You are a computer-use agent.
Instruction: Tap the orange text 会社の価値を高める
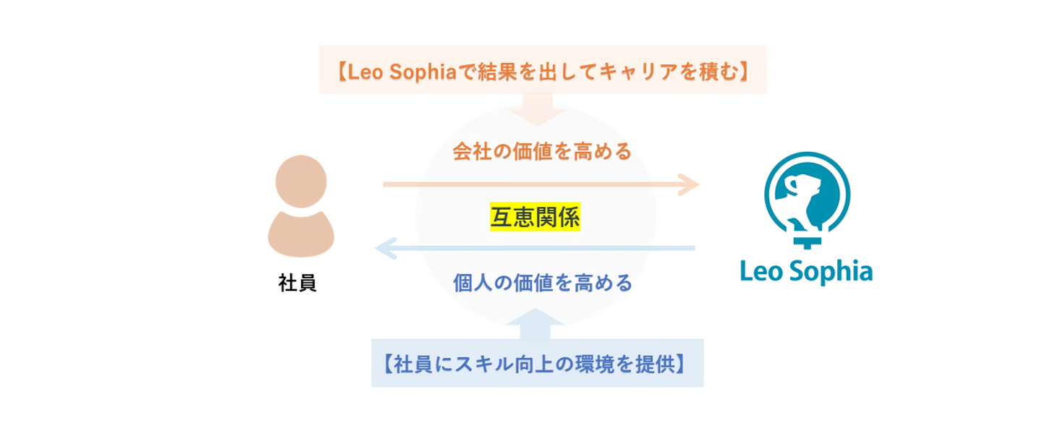tap(542, 152)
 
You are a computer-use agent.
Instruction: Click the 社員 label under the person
tap(297, 283)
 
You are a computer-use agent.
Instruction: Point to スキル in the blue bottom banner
tap(453, 363)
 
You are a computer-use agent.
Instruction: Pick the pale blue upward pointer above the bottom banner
tap(535, 323)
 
